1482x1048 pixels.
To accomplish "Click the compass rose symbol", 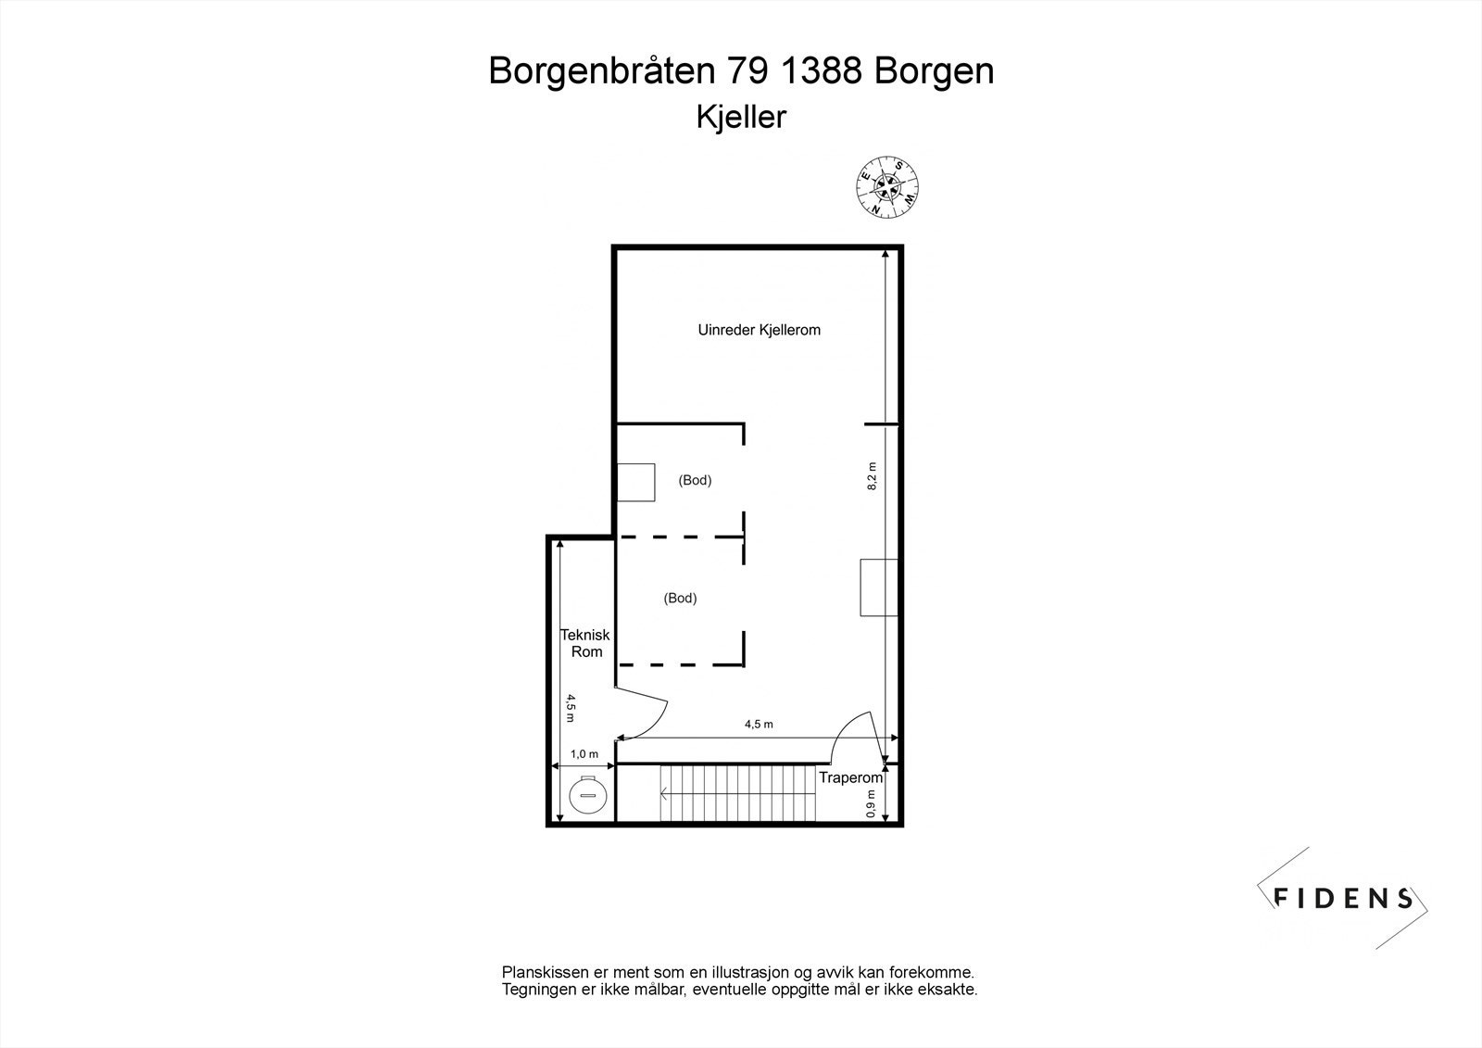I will [x=887, y=186].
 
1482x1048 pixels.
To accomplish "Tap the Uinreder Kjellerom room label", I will [x=759, y=330].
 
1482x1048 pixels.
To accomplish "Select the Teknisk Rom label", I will [x=585, y=643].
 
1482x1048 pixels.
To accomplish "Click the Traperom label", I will [x=850, y=777].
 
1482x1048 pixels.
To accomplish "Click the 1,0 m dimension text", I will [x=584, y=754].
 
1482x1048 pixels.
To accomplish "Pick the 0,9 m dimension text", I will [x=871, y=803].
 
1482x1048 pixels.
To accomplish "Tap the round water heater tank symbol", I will [x=587, y=794].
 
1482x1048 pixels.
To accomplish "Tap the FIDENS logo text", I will [x=1342, y=897].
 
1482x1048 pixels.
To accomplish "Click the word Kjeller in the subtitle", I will [x=741, y=118].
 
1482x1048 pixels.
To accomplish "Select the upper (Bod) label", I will [x=695, y=480].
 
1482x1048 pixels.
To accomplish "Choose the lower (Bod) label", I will [x=680, y=599].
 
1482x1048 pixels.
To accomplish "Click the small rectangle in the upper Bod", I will [x=636, y=482].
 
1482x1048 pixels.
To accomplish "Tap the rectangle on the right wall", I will [x=879, y=587].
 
